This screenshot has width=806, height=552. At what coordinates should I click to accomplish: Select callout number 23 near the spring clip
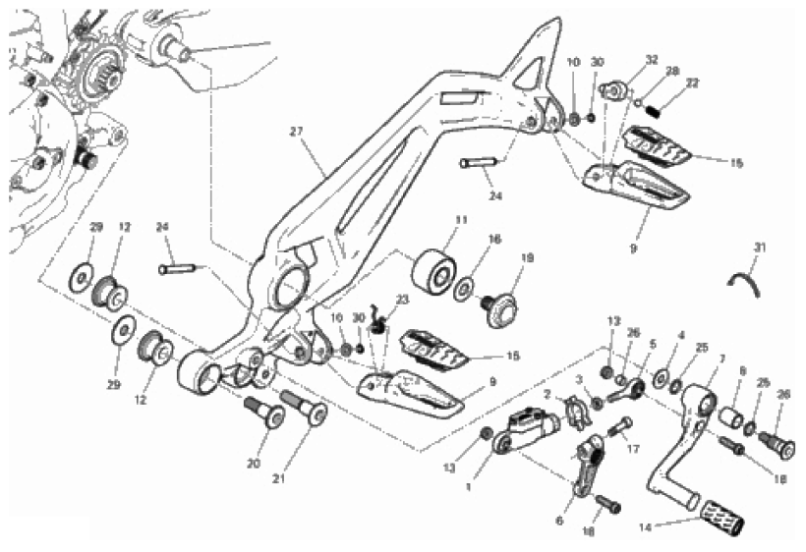[401, 300]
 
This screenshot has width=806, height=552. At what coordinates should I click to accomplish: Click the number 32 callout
[623, 61]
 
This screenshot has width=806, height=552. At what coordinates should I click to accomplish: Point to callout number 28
[672, 72]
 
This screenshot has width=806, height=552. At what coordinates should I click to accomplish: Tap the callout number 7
[721, 359]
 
